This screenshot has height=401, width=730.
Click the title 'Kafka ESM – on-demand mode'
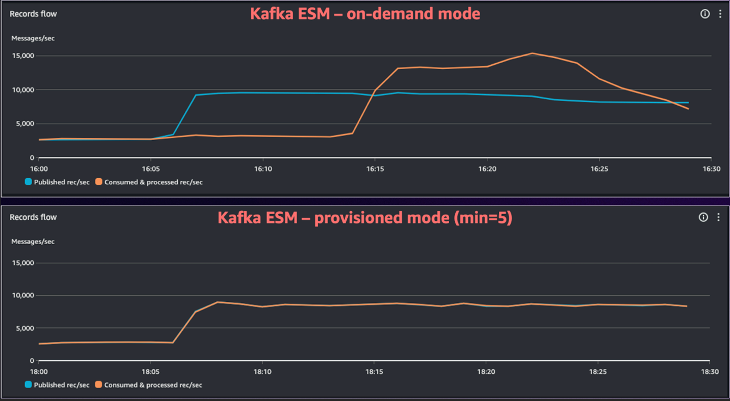coord(365,14)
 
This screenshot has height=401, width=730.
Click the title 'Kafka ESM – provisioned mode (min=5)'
coord(365,217)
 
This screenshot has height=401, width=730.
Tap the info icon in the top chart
coord(705,14)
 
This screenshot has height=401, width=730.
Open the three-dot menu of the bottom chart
coord(719,217)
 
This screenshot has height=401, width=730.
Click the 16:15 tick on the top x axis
coord(375,169)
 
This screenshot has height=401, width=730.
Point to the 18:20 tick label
coord(486,372)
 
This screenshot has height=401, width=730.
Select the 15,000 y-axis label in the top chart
coord(23,56)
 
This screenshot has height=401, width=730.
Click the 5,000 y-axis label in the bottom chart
coord(25,328)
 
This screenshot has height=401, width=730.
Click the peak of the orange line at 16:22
coord(532,53)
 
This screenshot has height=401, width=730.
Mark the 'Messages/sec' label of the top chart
coord(33,38)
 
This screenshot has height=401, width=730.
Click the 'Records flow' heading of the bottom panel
coord(33,217)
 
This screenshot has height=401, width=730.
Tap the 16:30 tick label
coord(711,169)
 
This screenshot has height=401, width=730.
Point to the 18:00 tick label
coord(39,372)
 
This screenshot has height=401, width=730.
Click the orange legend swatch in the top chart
coord(99,182)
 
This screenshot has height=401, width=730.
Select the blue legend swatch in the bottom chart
coord(28,385)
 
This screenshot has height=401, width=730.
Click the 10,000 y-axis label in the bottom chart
coord(23,295)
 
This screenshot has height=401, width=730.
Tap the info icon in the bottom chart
coord(703,217)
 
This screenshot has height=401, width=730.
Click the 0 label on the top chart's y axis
coord(32,157)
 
